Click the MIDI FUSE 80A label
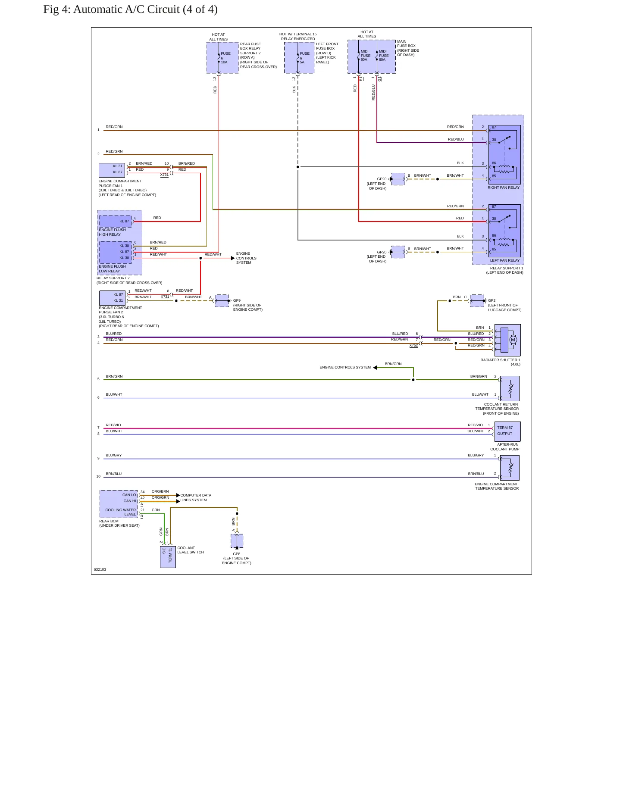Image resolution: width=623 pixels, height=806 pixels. tap(365, 56)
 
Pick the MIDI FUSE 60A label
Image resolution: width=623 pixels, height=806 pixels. tap(383, 56)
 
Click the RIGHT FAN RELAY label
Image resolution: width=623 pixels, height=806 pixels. tap(504, 187)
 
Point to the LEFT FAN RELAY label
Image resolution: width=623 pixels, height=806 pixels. tap(505, 260)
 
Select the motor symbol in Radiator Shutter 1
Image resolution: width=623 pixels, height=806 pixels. tap(513, 340)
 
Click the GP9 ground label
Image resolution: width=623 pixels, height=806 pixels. tap(237, 300)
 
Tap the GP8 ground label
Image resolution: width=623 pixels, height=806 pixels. tap(237, 554)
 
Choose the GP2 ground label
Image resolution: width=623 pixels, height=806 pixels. tap(492, 300)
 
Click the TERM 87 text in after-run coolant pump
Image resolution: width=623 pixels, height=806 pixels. tap(505, 428)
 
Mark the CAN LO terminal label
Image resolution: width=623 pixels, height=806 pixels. tap(129, 495)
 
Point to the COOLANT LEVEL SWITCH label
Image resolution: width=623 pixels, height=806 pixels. tap(191, 550)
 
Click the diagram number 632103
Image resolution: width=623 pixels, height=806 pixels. tap(100, 569)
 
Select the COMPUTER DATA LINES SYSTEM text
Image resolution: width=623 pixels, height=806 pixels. tap(196, 498)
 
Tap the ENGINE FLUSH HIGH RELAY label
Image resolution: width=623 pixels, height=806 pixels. tap(112, 232)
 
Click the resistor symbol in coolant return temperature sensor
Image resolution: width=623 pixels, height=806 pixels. tap(510, 389)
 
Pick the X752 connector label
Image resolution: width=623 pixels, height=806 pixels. tap(413, 345)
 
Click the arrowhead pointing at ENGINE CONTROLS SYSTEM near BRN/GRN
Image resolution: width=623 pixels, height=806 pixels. tap(375, 368)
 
